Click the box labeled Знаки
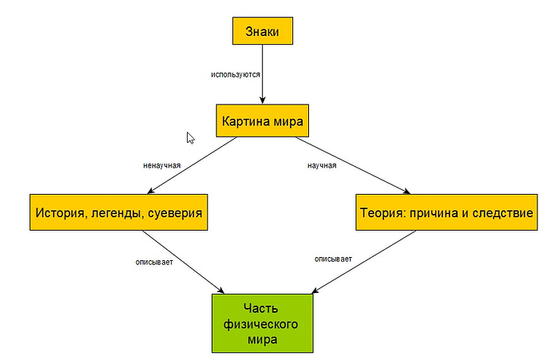coord(263,31)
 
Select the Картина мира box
coord(263,121)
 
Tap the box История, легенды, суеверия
coord(118,213)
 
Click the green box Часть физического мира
coord(263,323)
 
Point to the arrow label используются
coord(236,73)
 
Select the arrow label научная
coord(322,166)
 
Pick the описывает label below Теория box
coord(333,259)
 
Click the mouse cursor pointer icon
coord(190,137)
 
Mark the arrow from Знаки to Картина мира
coord(263,80)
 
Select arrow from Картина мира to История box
coord(192,166)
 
